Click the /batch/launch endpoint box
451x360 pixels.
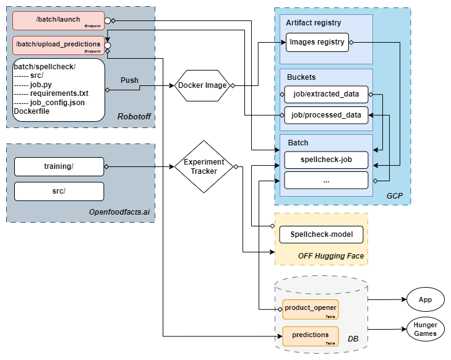(59, 20)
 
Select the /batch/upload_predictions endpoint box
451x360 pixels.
(59, 45)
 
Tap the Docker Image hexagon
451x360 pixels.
(202, 85)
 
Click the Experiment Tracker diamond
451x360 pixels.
(204, 166)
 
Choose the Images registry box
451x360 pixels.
(317, 43)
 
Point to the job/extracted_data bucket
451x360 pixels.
(326, 94)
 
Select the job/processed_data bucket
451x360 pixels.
(326, 115)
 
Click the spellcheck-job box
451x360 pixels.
(326, 160)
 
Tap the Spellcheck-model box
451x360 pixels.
(321, 235)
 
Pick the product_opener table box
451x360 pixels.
(311, 307)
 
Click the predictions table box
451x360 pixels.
(311, 335)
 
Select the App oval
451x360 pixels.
(425, 299)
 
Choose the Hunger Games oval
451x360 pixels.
(425, 329)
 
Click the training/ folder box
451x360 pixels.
(59, 166)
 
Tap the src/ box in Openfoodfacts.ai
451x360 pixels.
(59, 191)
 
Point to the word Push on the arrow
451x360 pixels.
(129, 80)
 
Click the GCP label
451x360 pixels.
(394, 195)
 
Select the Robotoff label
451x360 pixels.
(134, 117)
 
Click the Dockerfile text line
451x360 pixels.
(32, 111)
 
